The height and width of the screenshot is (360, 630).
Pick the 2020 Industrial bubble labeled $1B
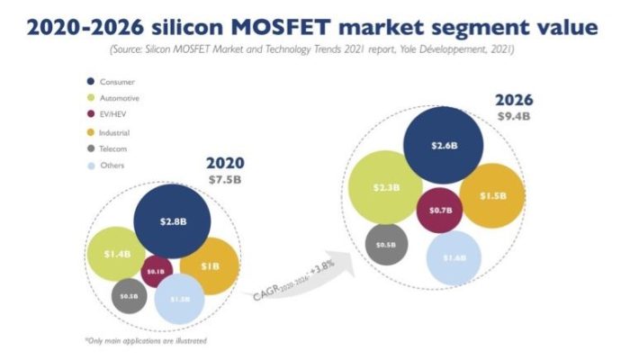(x=210, y=266)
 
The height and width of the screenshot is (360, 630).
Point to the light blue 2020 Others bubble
(x=180, y=299)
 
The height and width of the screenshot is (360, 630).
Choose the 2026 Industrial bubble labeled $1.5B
(x=491, y=195)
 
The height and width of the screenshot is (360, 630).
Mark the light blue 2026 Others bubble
(x=449, y=257)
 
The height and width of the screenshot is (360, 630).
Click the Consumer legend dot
(x=90, y=83)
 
